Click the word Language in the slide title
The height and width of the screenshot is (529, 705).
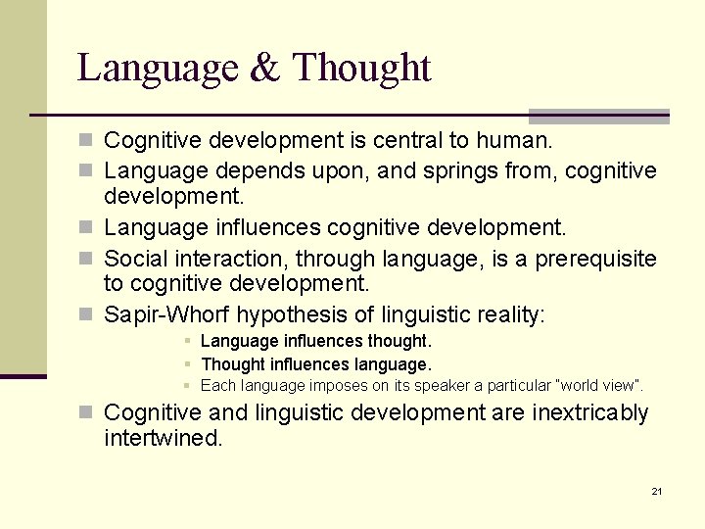[x=157, y=69]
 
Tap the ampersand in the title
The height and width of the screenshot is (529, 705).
[x=263, y=69]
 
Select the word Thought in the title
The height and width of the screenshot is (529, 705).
[x=361, y=69]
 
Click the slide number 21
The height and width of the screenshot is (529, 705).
[x=656, y=491]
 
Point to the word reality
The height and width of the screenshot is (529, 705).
[x=507, y=315]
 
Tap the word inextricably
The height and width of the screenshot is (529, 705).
[x=590, y=413]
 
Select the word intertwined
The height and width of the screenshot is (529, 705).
[x=163, y=439]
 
